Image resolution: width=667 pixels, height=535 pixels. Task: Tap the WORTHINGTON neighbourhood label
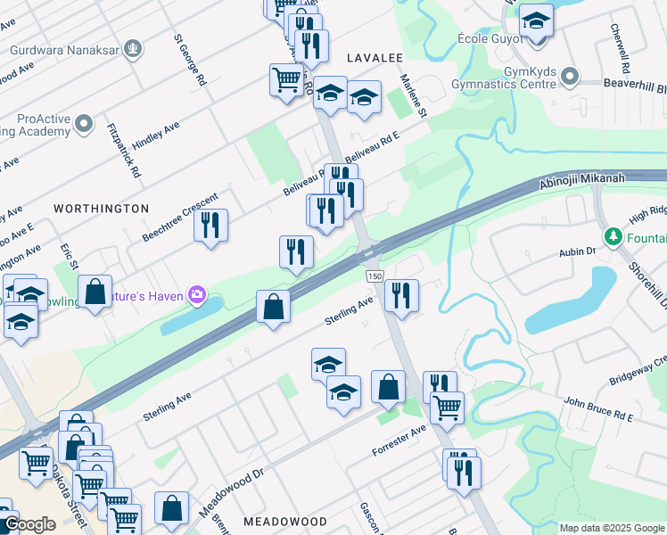point(101,208)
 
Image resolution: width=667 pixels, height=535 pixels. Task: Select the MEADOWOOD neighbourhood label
point(285,521)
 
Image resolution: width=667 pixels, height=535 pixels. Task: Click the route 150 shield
point(374,276)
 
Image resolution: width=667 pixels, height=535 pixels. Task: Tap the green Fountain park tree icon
point(613,237)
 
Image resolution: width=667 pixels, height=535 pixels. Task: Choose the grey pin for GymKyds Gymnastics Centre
point(571,81)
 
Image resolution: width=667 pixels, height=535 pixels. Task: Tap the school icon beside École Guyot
point(537,20)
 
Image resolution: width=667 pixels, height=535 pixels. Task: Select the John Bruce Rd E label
point(597,410)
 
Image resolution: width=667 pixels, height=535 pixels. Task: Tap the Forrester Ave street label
point(399,440)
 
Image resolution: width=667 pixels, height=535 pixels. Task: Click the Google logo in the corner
point(29,524)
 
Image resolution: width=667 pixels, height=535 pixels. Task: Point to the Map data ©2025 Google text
point(612,528)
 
